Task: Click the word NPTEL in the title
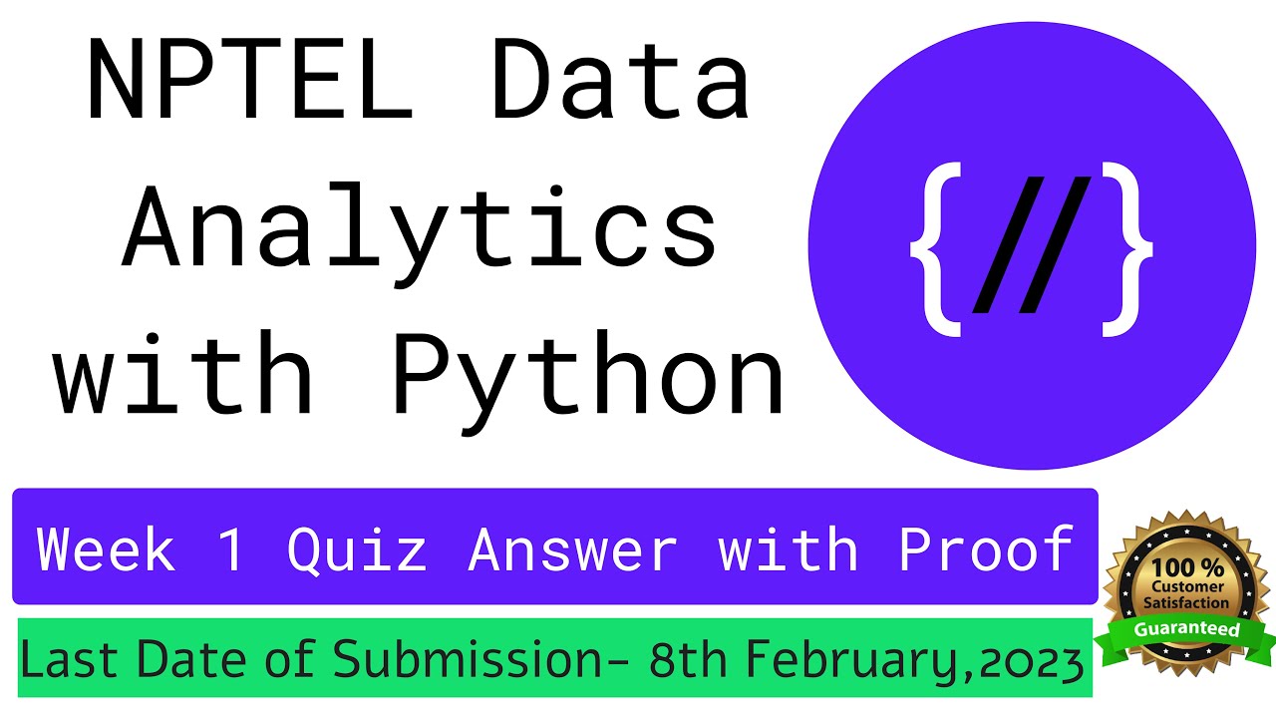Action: point(249,80)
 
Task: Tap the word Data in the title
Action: point(620,80)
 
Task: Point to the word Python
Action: point(588,379)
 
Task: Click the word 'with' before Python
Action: point(184,379)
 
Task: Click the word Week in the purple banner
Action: point(105,548)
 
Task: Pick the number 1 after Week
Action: point(230,548)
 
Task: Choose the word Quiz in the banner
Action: point(356,548)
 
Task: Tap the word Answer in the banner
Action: point(572,548)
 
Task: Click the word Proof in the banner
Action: point(985,548)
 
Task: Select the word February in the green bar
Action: point(856,661)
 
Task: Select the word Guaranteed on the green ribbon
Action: point(1186,630)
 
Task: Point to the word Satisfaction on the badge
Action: point(1185,603)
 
